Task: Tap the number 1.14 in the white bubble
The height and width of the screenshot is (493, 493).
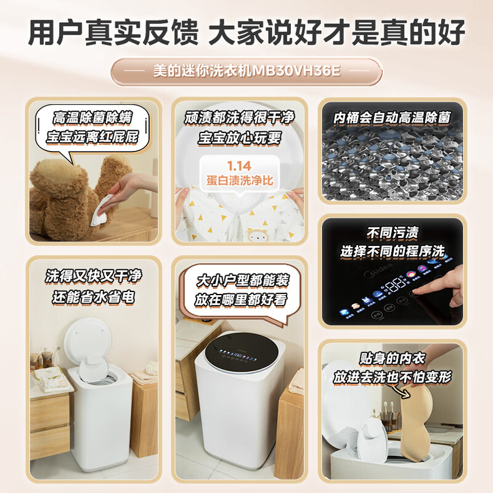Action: click(x=239, y=166)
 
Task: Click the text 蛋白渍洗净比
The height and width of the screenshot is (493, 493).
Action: click(x=239, y=181)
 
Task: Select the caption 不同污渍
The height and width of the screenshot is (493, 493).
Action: click(x=392, y=233)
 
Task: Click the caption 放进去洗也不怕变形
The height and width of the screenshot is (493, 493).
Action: click(x=392, y=375)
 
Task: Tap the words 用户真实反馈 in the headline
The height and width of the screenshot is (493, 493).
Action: click(x=109, y=31)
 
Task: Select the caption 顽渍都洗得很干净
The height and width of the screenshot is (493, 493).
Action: click(x=238, y=117)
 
